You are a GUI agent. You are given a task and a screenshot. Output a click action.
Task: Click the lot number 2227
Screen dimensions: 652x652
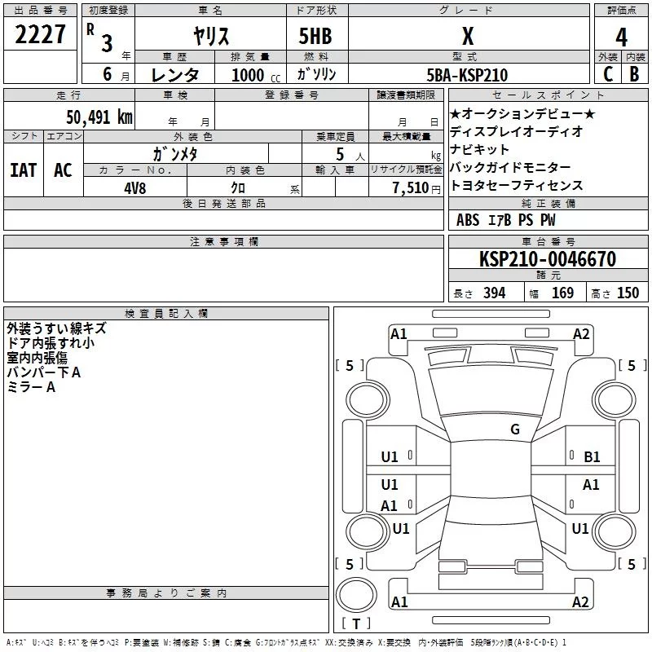(40, 34)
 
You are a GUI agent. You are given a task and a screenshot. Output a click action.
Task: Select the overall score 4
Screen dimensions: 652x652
(621, 37)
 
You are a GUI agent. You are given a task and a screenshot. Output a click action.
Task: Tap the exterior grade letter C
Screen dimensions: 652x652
(608, 74)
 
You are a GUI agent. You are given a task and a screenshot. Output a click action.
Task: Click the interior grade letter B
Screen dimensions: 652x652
(634, 74)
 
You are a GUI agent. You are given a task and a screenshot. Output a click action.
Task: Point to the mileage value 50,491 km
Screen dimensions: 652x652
(99, 117)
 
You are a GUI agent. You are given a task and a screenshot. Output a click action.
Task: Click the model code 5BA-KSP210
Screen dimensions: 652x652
(467, 75)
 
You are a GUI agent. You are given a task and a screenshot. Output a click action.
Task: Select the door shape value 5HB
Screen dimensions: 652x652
(315, 36)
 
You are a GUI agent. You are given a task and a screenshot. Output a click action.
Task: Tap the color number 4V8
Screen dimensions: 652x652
(135, 188)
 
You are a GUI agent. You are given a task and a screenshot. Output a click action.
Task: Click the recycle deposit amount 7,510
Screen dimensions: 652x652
(411, 188)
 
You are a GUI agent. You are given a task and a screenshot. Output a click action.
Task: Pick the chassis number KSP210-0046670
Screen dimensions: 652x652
(548, 259)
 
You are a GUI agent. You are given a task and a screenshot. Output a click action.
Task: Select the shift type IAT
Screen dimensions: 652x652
(24, 170)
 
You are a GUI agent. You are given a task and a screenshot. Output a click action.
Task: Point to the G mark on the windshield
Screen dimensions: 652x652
(515, 430)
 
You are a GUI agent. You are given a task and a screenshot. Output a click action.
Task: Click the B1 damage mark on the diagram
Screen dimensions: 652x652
(592, 457)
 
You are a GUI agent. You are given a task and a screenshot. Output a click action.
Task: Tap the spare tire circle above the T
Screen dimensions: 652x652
(356, 595)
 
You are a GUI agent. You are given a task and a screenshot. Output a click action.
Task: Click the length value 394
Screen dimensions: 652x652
(495, 293)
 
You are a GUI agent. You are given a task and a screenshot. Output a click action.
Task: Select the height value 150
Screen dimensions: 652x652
(628, 293)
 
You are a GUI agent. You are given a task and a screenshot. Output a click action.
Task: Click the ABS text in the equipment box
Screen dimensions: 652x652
(468, 220)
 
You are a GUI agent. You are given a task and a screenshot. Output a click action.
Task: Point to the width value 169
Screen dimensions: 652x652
(562, 293)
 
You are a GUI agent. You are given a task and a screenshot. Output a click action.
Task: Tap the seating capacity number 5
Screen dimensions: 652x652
(340, 154)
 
